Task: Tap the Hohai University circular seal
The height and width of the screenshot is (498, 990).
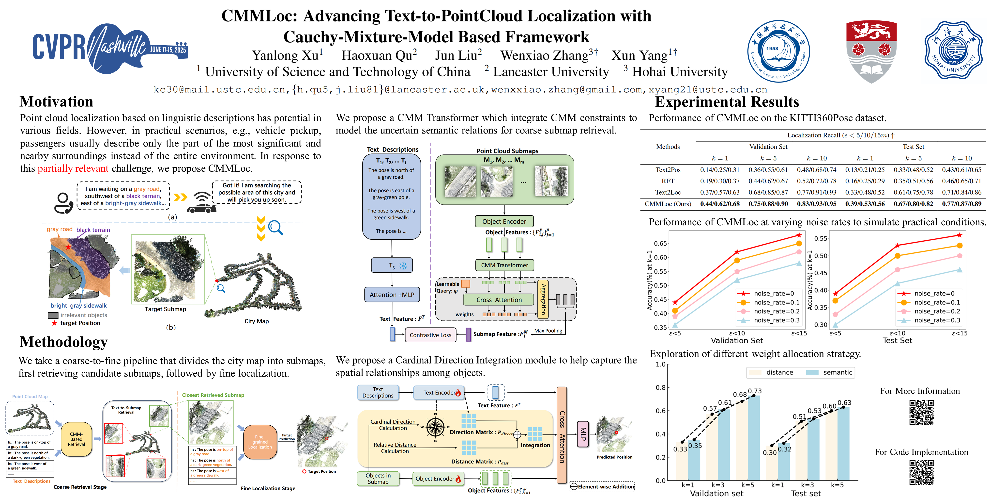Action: tap(953, 50)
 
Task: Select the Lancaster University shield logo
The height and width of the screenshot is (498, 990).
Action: tap(871, 51)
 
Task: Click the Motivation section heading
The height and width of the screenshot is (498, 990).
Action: tap(57, 102)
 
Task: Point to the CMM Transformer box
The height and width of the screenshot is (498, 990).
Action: tap(504, 265)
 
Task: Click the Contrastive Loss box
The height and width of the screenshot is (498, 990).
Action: tap(430, 335)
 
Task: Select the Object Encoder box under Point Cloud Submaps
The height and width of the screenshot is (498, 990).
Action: tap(504, 221)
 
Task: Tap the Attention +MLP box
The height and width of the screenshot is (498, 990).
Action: tap(392, 295)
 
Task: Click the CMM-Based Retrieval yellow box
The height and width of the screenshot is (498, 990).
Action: tap(76, 439)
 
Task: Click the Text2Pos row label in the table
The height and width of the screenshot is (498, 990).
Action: tap(668, 170)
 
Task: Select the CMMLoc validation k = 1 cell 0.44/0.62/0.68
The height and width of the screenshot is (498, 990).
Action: tap(720, 204)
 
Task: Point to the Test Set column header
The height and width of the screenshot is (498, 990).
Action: tap(913, 147)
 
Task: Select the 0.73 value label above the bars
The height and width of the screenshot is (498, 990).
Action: tap(755, 391)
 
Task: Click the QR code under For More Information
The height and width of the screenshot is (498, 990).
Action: tap(922, 412)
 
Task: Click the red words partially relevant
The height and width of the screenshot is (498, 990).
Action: tap(73, 168)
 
